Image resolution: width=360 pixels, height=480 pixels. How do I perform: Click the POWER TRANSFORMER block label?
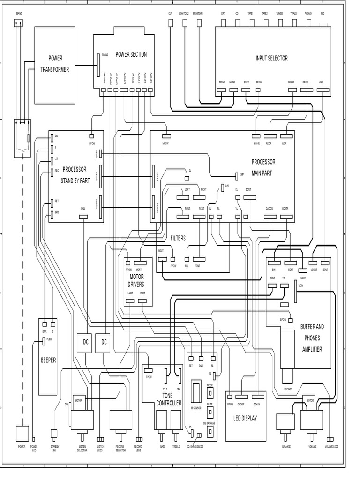click(55, 64)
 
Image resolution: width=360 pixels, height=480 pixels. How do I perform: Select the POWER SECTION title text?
click(131, 54)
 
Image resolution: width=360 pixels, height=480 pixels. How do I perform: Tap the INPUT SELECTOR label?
click(271, 58)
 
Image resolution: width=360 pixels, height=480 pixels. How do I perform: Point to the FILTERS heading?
click(178, 238)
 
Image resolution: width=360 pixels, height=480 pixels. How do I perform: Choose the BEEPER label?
click(48, 360)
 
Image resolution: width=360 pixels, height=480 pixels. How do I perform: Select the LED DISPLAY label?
click(245, 418)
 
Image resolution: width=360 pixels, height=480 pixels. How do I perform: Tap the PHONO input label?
click(307, 14)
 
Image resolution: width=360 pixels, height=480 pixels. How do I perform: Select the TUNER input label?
click(279, 14)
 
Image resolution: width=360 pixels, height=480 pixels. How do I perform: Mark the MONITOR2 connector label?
click(184, 14)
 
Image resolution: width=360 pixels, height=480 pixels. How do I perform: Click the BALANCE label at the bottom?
click(286, 447)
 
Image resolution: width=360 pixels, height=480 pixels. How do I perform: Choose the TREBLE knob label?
click(176, 447)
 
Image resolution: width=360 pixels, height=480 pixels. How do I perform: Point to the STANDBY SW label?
click(54, 448)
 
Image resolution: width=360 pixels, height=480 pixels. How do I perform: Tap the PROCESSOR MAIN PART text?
click(263, 166)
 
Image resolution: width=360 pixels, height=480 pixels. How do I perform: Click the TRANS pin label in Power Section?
click(105, 55)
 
